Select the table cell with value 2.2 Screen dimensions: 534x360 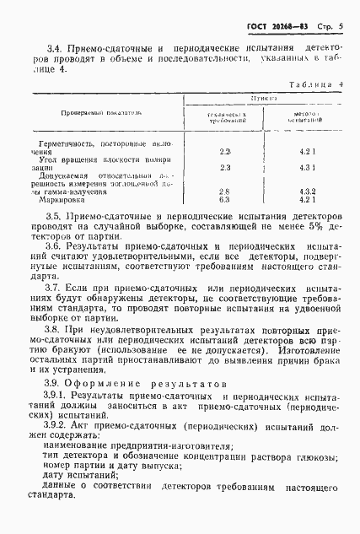(x=224, y=150)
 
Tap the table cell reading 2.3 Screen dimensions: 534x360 (x=224, y=167)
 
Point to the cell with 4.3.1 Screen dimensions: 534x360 (x=307, y=167)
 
